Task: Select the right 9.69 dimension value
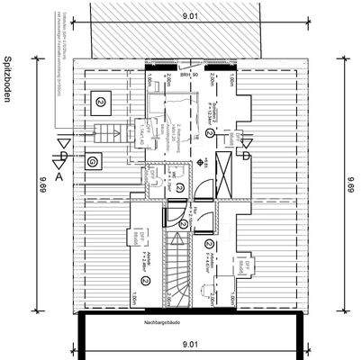pos(348,188)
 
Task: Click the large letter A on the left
pos(59,177)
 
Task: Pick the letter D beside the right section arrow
pos(244,156)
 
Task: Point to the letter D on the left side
pos(61,156)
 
